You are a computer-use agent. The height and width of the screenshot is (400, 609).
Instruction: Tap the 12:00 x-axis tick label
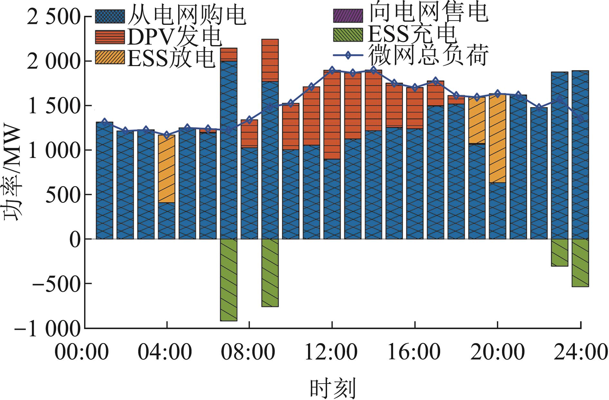pos(331,352)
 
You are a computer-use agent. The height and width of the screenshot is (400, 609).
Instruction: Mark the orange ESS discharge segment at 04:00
pos(167,169)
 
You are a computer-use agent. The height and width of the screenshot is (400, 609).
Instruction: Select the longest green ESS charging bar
pos(229,280)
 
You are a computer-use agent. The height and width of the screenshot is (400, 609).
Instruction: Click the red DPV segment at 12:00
pos(332,115)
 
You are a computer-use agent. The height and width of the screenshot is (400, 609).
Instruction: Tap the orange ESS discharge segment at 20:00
pos(498,139)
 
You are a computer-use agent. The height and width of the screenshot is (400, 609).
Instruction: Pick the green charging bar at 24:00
pos(580,262)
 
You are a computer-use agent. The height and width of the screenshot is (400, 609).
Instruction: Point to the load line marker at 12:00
pos(332,70)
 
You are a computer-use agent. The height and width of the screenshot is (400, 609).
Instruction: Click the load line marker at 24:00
pos(580,118)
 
